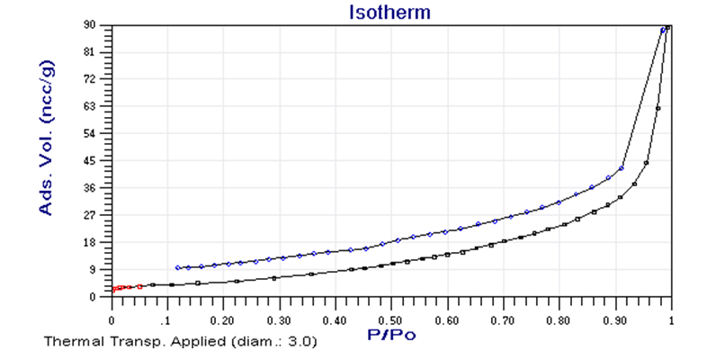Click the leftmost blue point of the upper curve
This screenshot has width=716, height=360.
pyautogui.click(x=178, y=267)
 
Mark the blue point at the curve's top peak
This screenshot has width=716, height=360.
pyautogui.click(x=664, y=30)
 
